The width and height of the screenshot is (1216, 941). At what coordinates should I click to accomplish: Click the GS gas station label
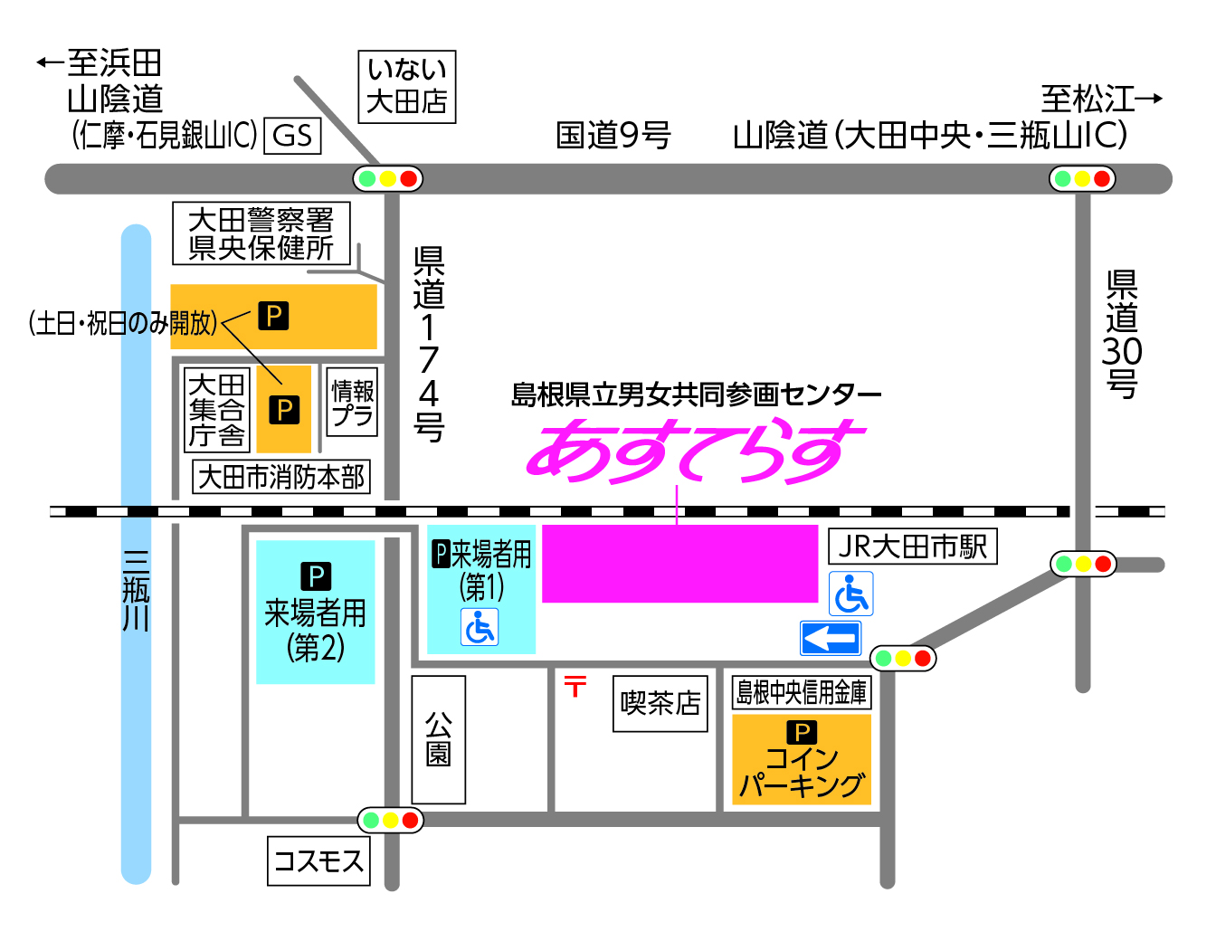coord(292,136)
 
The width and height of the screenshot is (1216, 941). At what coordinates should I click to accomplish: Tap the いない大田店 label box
coord(406,86)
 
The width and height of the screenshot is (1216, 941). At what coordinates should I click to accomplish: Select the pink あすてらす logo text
coord(695,450)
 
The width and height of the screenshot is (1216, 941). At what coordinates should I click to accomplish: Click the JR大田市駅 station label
coord(912,547)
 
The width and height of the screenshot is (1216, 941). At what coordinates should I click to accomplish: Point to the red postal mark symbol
coord(575,686)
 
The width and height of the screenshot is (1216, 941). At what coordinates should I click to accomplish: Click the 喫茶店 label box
coord(660,703)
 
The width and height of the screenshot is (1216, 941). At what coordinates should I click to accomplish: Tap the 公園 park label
coord(439,739)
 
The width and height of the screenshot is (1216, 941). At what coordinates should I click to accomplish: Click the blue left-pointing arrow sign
coord(830,638)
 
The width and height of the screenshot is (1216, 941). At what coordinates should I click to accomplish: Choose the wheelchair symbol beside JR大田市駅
coord(850,594)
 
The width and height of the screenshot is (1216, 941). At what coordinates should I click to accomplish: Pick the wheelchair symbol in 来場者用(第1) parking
coord(480,627)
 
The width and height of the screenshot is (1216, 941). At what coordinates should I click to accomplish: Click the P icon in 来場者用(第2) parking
coord(316,575)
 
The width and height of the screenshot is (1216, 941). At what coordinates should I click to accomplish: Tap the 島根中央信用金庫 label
coord(801,692)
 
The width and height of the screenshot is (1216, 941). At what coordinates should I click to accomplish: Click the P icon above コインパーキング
coord(801,731)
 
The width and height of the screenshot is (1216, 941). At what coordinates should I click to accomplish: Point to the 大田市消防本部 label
coord(281,477)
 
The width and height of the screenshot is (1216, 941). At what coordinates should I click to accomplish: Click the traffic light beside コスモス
coord(390,820)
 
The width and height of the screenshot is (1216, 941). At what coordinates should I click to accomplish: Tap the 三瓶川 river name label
coord(136,590)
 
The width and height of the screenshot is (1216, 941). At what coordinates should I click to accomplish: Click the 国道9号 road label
coord(613,136)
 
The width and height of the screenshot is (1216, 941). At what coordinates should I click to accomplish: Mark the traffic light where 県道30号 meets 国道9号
coord(1082,178)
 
